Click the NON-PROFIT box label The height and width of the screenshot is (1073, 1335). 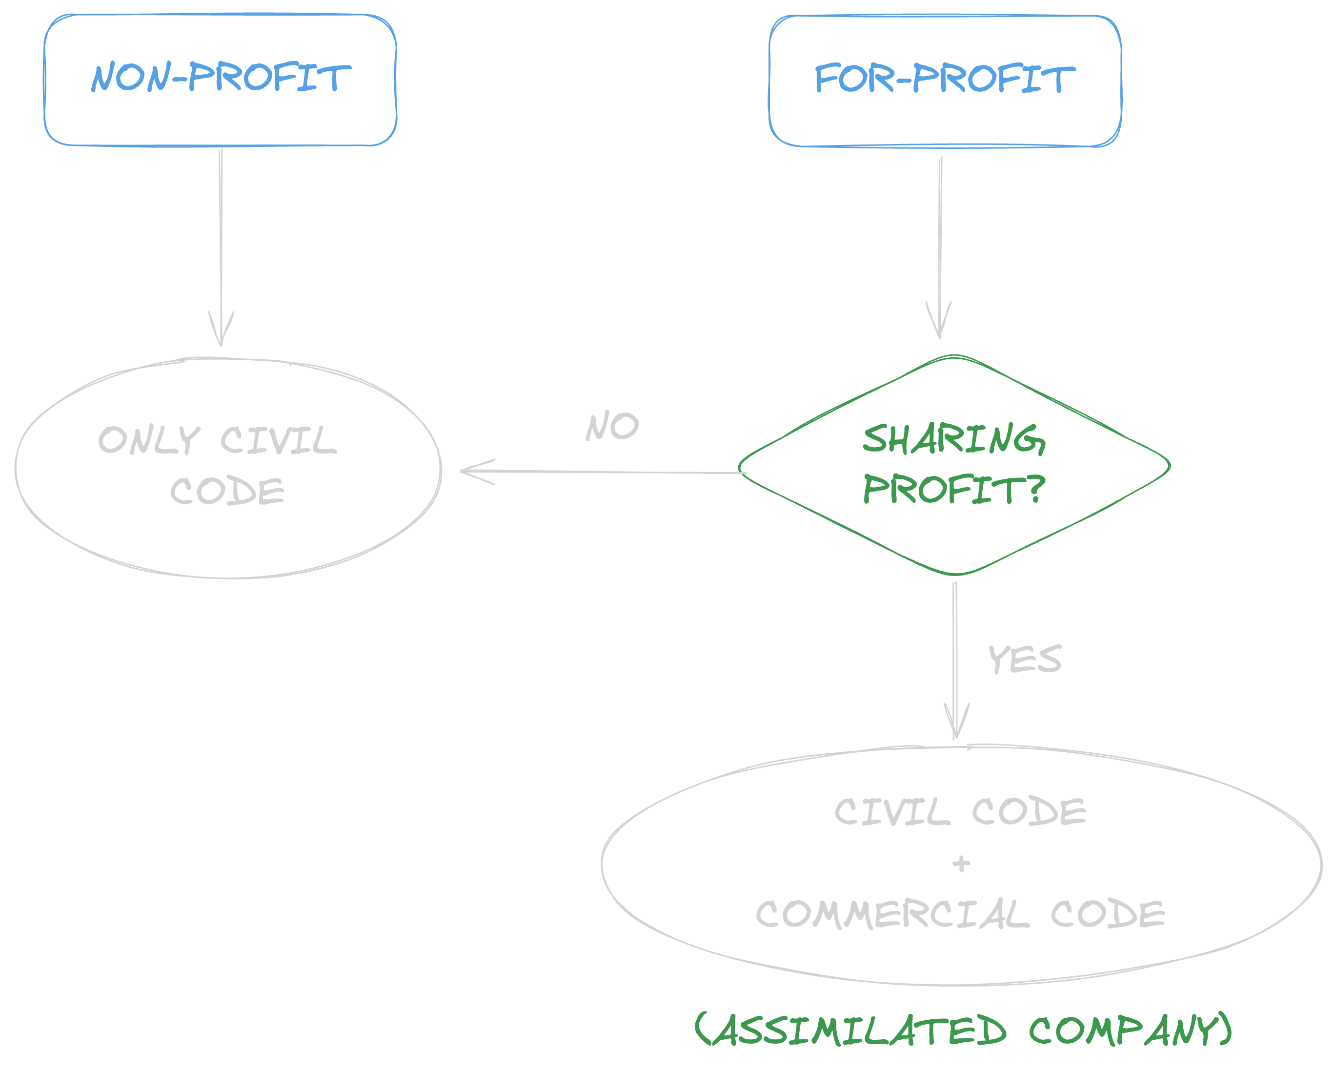tap(221, 78)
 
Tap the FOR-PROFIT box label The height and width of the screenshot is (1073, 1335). tap(945, 79)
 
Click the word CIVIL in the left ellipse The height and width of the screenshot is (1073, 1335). tap(279, 440)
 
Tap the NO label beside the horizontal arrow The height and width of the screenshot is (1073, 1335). tap(612, 426)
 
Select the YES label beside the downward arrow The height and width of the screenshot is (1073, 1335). tap(1025, 659)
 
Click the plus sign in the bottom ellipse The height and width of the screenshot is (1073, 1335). tap(961, 863)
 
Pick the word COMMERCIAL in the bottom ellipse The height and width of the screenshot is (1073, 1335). tap(891, 914)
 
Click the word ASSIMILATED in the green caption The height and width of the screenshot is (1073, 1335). tap(851, 1030)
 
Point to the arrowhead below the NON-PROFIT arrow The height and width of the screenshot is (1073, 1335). tap(221, 334)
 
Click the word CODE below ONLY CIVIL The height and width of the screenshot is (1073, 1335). tap(227, 491)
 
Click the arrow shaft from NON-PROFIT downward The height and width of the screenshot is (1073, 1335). tap(221, 235)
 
